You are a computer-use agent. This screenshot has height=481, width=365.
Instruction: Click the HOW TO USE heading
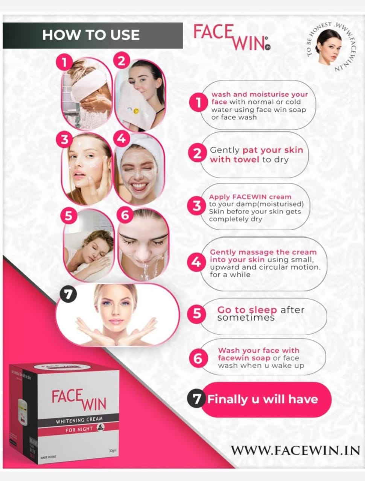tap(91, 35)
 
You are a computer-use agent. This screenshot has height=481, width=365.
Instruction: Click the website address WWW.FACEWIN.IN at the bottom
tap(295, 450)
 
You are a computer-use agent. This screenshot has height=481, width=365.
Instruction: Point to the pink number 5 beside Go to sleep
tap(197, 313)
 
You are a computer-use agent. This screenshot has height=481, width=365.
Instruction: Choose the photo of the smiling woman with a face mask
tap(139, 171)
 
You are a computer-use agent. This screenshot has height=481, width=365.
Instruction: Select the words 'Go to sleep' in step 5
tap(247, 310)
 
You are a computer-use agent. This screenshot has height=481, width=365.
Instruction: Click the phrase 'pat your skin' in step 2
tap(272, 150)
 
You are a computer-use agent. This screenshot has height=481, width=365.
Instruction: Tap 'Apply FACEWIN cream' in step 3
tap(250, 197)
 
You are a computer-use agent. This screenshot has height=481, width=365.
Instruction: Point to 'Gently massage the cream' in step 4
tap(263, 252)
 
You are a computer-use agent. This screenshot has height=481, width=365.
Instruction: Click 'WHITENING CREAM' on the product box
tap(79, 420)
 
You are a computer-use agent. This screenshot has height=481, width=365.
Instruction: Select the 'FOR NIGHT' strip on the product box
tap(79, 429)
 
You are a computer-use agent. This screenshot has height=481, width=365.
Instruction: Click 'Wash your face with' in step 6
tap(259, 351)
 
